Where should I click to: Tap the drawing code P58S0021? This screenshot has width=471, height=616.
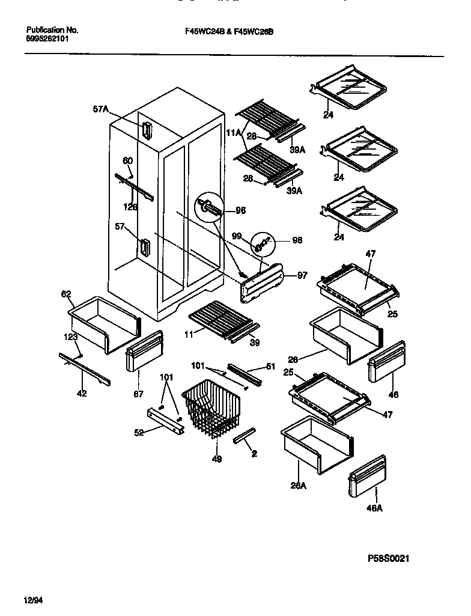[x=389, y=559]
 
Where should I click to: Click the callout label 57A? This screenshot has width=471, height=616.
[x=101, y=109]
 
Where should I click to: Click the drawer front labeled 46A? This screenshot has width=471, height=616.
[x=368, y=477]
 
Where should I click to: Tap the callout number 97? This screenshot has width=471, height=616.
[x=302, y=275]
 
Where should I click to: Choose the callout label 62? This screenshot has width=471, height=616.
[x=66, y=294]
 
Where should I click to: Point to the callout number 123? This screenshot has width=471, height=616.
[x=71, y=337]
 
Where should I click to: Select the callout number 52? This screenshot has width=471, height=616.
[x=139, y=433]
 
